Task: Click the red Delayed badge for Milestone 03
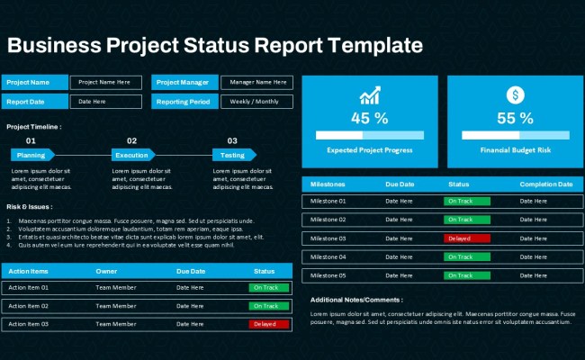(x=466, y=238)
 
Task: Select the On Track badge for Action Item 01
(x=268, y=288)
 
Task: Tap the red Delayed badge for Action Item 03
(x=268, y=324)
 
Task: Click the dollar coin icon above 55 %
(x=515, y=94)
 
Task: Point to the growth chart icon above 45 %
(x=369, y=95)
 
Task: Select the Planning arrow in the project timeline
(x=32, y=155)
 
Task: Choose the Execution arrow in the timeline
(x=132, y=155)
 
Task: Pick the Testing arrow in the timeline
(x=234, y=155)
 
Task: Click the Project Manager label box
(x=184, y=82)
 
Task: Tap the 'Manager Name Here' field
(x=256, y=82)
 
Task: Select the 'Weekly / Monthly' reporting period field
(x=256, y=102)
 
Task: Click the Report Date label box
(x=34, y=102)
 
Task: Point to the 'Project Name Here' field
(x=105, y=82)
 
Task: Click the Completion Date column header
(x=545, y=184)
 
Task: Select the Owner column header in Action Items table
(x=106, y=271)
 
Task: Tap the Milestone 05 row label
(x=328, y=275)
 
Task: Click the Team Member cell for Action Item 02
(x=115, y=306)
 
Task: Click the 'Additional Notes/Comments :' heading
(x=356, y=300)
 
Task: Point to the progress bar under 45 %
(x=369, y=135)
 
